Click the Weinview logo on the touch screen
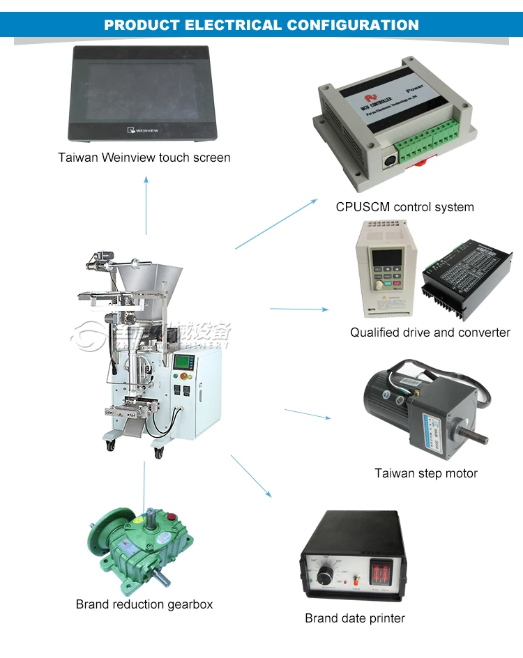point(145,128)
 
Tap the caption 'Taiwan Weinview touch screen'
point(144,158)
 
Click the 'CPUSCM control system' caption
point(404,207)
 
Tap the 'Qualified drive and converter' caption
point(430,332)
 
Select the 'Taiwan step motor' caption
point(426,473)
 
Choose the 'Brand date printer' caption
point(355,618)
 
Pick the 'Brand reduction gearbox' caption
point(144,604)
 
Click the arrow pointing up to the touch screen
point(146,206)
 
